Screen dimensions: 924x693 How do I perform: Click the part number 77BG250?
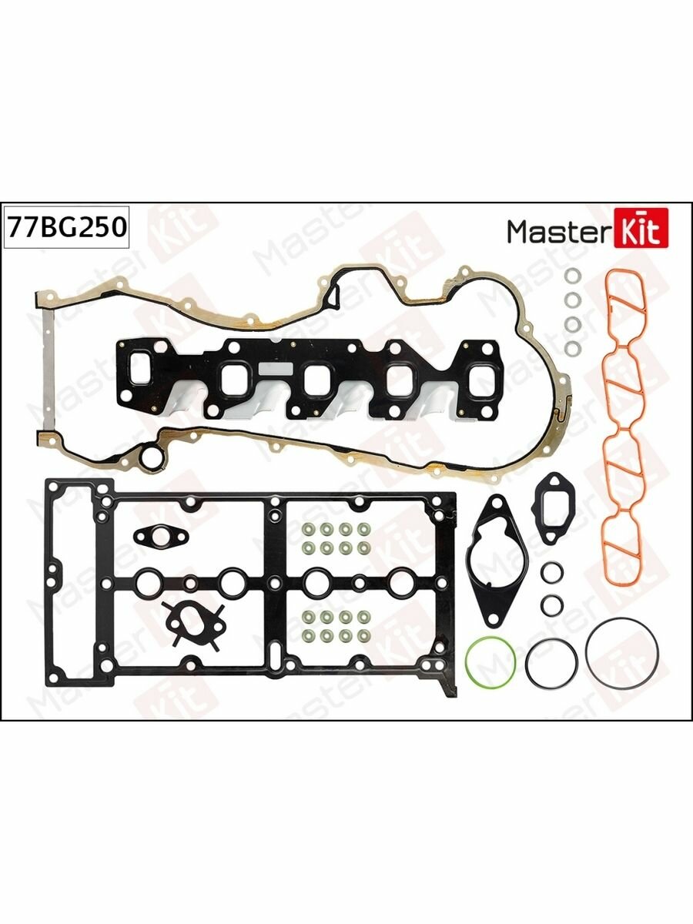pyautogui.click(x=65, y=229)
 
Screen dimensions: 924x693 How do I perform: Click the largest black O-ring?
pyautogui.click(x=621, y=655)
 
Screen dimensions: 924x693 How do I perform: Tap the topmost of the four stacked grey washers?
pyautogui.click(x=572, y=277)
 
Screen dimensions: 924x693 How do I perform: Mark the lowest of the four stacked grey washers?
pyautogui.click(x=572, y=349)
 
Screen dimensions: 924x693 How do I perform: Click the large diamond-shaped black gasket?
pyautogui.click(x=497, y=563)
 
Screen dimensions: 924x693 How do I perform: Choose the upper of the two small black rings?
pyautogui.click(x=551, y=574)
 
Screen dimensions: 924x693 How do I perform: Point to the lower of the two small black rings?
pyautogui.click(x=551, y=604)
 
